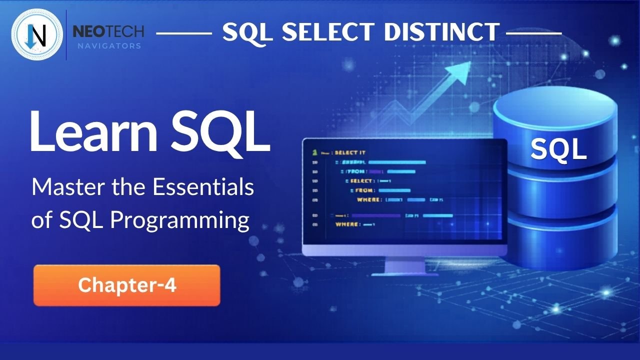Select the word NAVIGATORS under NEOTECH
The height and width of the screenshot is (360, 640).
(x=108, y=46)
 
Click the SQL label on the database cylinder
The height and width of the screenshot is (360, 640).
(x=558, y=149)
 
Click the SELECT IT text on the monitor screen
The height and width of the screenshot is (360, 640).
(x=350, y=152)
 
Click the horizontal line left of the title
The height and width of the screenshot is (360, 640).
(x=184, y=33)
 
